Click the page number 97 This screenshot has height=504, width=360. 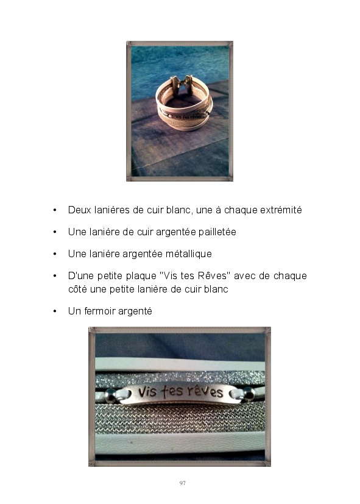pos(182,483)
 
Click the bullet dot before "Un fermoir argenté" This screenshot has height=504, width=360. pos(55,311)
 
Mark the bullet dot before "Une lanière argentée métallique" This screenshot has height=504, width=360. pos(55,254)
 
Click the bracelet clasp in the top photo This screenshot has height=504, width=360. pos(182,85)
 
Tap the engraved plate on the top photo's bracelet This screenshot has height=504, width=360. pos(187,116)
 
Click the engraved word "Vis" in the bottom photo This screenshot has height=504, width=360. pos(147,391)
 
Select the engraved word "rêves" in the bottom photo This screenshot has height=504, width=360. pos(205,391)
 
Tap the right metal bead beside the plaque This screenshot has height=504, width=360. pos(249,394)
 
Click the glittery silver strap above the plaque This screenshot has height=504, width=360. pos(180,378)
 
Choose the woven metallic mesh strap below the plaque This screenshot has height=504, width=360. pos(180,418)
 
